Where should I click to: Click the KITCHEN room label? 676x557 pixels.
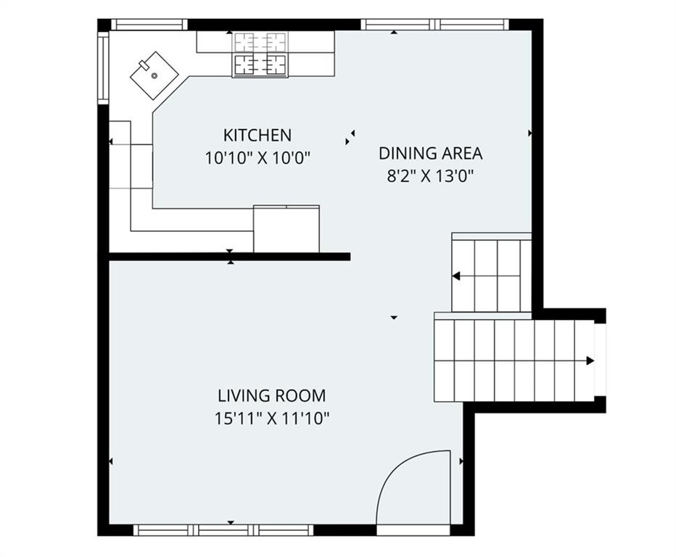pos(257,136)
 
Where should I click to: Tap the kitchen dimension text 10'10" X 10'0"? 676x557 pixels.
pos(257,158)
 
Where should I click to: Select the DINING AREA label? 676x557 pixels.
pos(430,154)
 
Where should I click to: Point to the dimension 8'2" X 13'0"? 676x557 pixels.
pos(430,176)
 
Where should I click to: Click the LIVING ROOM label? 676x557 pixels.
pos(271,395)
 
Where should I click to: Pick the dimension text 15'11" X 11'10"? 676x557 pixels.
pos(271,418)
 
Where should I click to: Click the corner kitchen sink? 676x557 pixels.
pos(154,76)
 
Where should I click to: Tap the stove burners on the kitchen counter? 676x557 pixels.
pos(260,54)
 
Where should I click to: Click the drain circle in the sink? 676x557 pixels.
pos(154,76)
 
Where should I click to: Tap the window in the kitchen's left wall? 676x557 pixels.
pos(104,68)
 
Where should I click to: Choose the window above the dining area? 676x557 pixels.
pos(435,25)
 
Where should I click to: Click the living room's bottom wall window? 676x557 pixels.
pos(223,530)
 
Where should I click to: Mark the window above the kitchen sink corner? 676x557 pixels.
pos(149,25)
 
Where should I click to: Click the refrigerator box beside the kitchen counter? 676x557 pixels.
pos(287,229)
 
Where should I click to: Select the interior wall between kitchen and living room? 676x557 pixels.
pos(229,257)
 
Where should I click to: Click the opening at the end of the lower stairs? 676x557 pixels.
pos(601,360)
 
